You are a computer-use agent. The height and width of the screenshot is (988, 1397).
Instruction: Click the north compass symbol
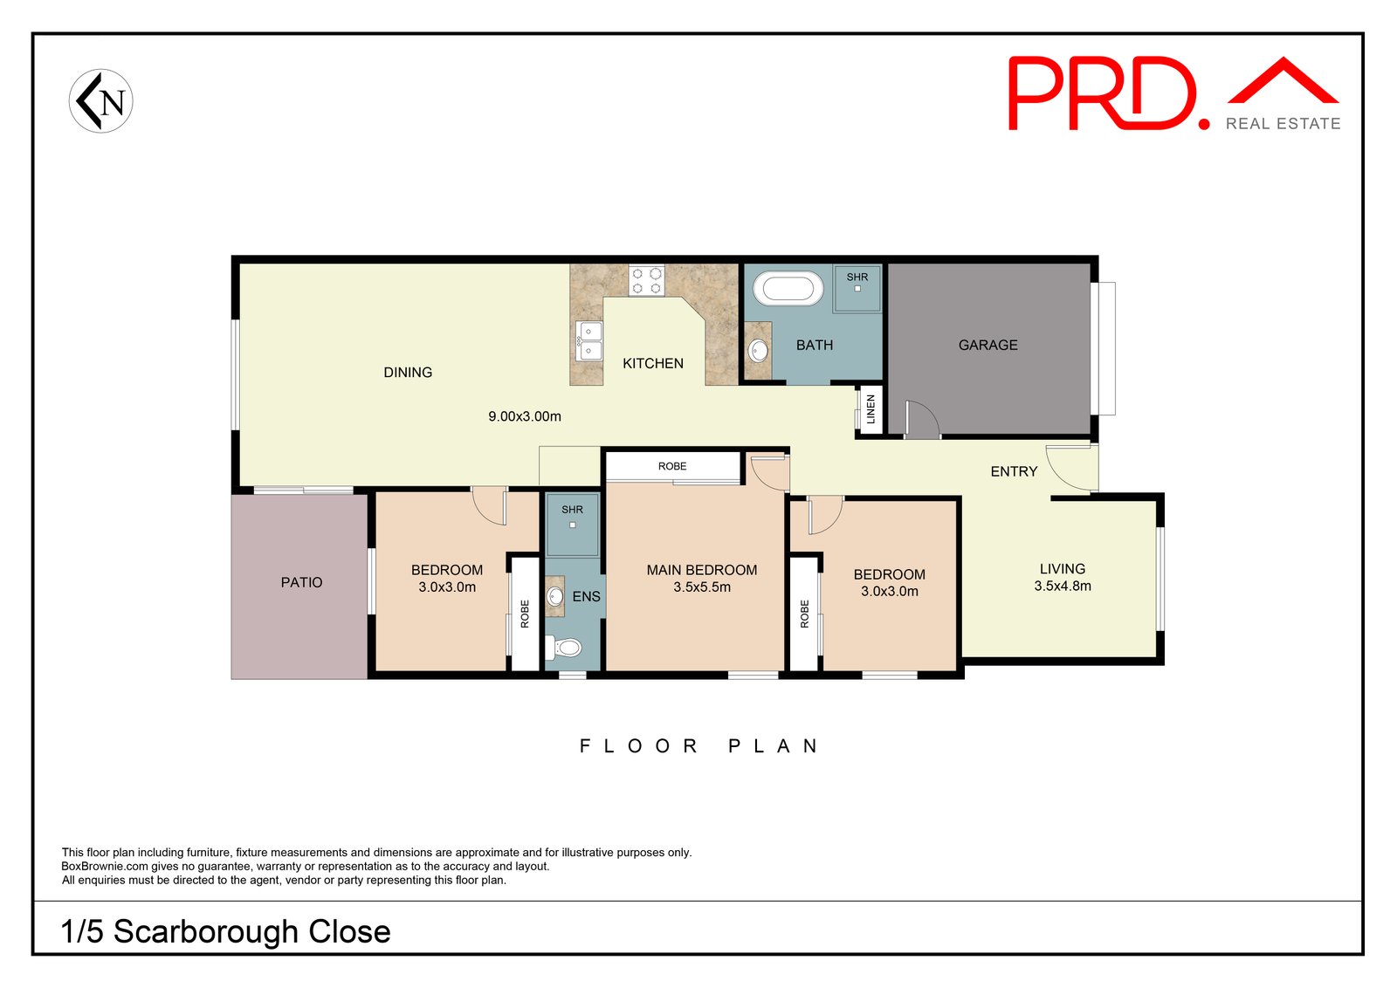coord(101,101)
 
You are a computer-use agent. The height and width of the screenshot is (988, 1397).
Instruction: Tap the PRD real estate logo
coord(1173,93)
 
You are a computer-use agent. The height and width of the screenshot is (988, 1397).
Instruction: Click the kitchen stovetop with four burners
coord(647,280)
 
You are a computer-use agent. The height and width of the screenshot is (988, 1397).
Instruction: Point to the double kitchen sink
coord(588,341)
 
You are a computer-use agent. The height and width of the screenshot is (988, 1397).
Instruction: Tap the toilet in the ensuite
coord(563,647)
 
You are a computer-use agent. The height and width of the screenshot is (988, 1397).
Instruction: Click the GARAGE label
coord(988,345)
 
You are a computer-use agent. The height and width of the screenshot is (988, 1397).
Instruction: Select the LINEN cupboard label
coord(871,409)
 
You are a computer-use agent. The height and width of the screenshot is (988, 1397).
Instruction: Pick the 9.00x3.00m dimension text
coord(525,416)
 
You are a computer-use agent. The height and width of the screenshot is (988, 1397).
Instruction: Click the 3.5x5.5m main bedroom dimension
coord(702,587)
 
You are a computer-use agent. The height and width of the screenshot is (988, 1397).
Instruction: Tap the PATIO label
coord(301,582)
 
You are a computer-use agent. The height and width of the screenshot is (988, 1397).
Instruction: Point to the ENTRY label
coord(1014,472)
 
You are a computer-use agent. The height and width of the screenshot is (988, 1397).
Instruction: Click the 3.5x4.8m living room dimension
coord(1063,586)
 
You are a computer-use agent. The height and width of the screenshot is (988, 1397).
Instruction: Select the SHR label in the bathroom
coord(857,277)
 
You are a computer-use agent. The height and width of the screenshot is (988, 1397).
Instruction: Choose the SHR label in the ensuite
coord(572,509)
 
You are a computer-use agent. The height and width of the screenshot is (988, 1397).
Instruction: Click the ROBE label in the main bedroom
coord(672,466)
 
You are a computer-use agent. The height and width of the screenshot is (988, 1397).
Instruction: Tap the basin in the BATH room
coord(759,350)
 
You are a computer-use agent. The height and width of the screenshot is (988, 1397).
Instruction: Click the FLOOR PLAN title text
coord(698,746)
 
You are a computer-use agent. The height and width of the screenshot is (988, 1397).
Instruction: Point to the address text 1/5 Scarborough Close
coord(226,931)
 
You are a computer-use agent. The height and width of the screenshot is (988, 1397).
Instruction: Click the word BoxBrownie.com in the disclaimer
coord(105,867)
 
